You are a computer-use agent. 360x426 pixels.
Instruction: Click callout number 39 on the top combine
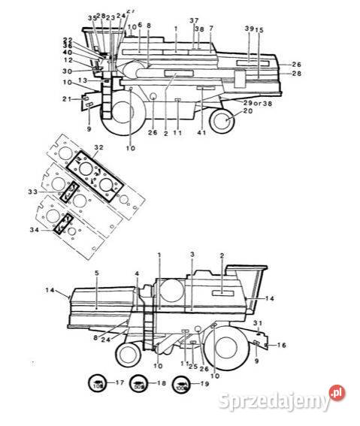click(249, 28)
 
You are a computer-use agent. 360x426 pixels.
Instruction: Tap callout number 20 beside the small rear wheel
click(249, 111)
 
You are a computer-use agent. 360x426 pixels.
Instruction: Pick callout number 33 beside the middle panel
click(53, 192)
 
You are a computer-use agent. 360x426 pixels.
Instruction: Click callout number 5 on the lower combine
click(97, 272)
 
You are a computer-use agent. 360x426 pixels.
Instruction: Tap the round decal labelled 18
click(139, 384)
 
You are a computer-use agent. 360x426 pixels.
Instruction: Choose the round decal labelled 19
click(180, 384)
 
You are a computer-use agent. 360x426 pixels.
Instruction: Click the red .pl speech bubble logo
click(337, 393)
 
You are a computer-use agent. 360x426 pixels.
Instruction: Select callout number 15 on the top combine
click(259, 30)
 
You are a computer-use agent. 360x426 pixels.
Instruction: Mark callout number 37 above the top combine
click(194, 20)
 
